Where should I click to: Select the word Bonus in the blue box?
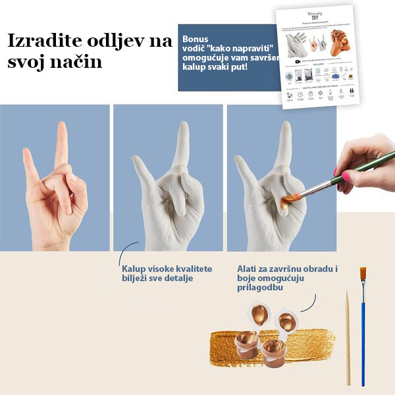point(195,39)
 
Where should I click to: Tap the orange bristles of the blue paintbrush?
point(363,275)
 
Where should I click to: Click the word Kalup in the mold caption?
point(134,269)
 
